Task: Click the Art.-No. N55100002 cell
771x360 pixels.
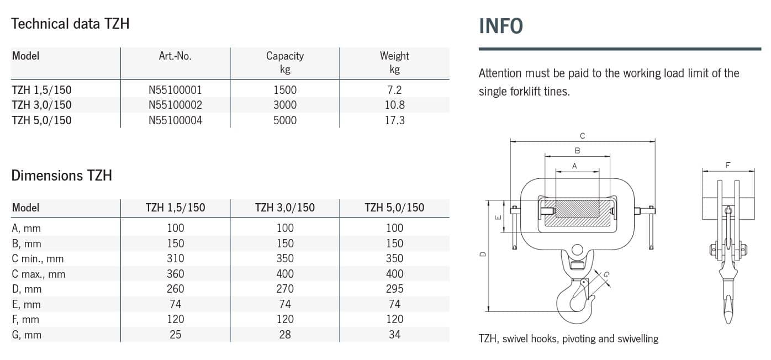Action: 175,105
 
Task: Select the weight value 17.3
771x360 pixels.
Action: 394,120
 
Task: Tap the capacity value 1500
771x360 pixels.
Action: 285,90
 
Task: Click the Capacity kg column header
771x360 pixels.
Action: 285,62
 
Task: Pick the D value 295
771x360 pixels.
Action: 394,289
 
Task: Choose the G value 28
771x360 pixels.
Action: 285,335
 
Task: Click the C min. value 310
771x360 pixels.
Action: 175,258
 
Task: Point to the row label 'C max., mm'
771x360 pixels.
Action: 38,274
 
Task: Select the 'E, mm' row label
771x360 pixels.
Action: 26,304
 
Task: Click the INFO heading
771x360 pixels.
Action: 501,26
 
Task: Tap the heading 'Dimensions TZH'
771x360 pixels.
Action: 62,176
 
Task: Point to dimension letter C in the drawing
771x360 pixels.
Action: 582,136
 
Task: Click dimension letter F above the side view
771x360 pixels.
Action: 727,165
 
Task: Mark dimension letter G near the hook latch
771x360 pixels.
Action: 606,274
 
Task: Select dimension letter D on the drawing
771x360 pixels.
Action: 483,255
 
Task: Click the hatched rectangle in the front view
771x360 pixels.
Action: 577,213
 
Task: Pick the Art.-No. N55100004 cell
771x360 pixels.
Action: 175,120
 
